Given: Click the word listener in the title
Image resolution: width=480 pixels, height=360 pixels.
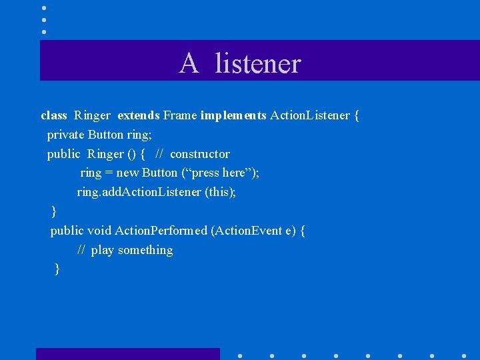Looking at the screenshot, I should tap(258, 64).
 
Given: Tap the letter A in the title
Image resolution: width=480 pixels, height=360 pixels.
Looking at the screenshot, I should tap(189, 64).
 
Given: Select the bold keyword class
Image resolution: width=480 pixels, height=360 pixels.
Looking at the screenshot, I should tap(54, 115).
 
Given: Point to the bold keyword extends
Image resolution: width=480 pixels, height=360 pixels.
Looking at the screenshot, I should tap(138, 115).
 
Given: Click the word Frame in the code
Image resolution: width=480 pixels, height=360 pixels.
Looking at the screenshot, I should tap(180, 115).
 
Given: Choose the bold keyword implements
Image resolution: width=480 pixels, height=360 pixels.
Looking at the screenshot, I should tap(233, 115).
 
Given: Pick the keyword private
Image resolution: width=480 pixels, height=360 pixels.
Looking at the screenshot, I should tap(65, 135).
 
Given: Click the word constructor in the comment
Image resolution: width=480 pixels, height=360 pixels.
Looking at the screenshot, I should tap(199, 154).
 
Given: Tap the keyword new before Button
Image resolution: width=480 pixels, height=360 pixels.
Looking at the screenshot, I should tap(127, 173).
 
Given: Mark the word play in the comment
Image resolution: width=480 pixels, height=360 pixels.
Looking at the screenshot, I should tap(102, 250).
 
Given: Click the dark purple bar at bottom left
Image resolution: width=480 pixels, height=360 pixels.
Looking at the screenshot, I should tap(127, 353).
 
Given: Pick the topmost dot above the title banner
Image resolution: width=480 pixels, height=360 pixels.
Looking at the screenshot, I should tap(44, 7).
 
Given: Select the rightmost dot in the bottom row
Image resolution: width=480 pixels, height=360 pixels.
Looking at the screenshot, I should tap(464, 355).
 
